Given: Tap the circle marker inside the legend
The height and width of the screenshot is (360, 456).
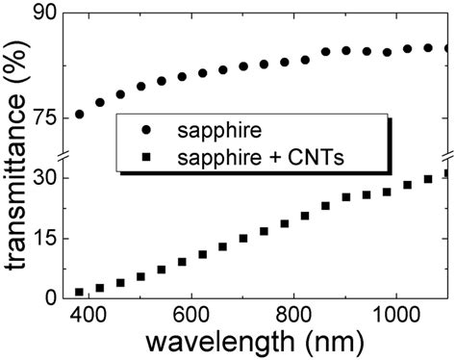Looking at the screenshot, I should (x=146, y=128).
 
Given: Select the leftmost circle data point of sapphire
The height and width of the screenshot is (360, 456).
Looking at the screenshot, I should (x=80, y=115).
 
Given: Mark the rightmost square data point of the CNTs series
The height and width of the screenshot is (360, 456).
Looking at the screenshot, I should (x=447, y=174).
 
